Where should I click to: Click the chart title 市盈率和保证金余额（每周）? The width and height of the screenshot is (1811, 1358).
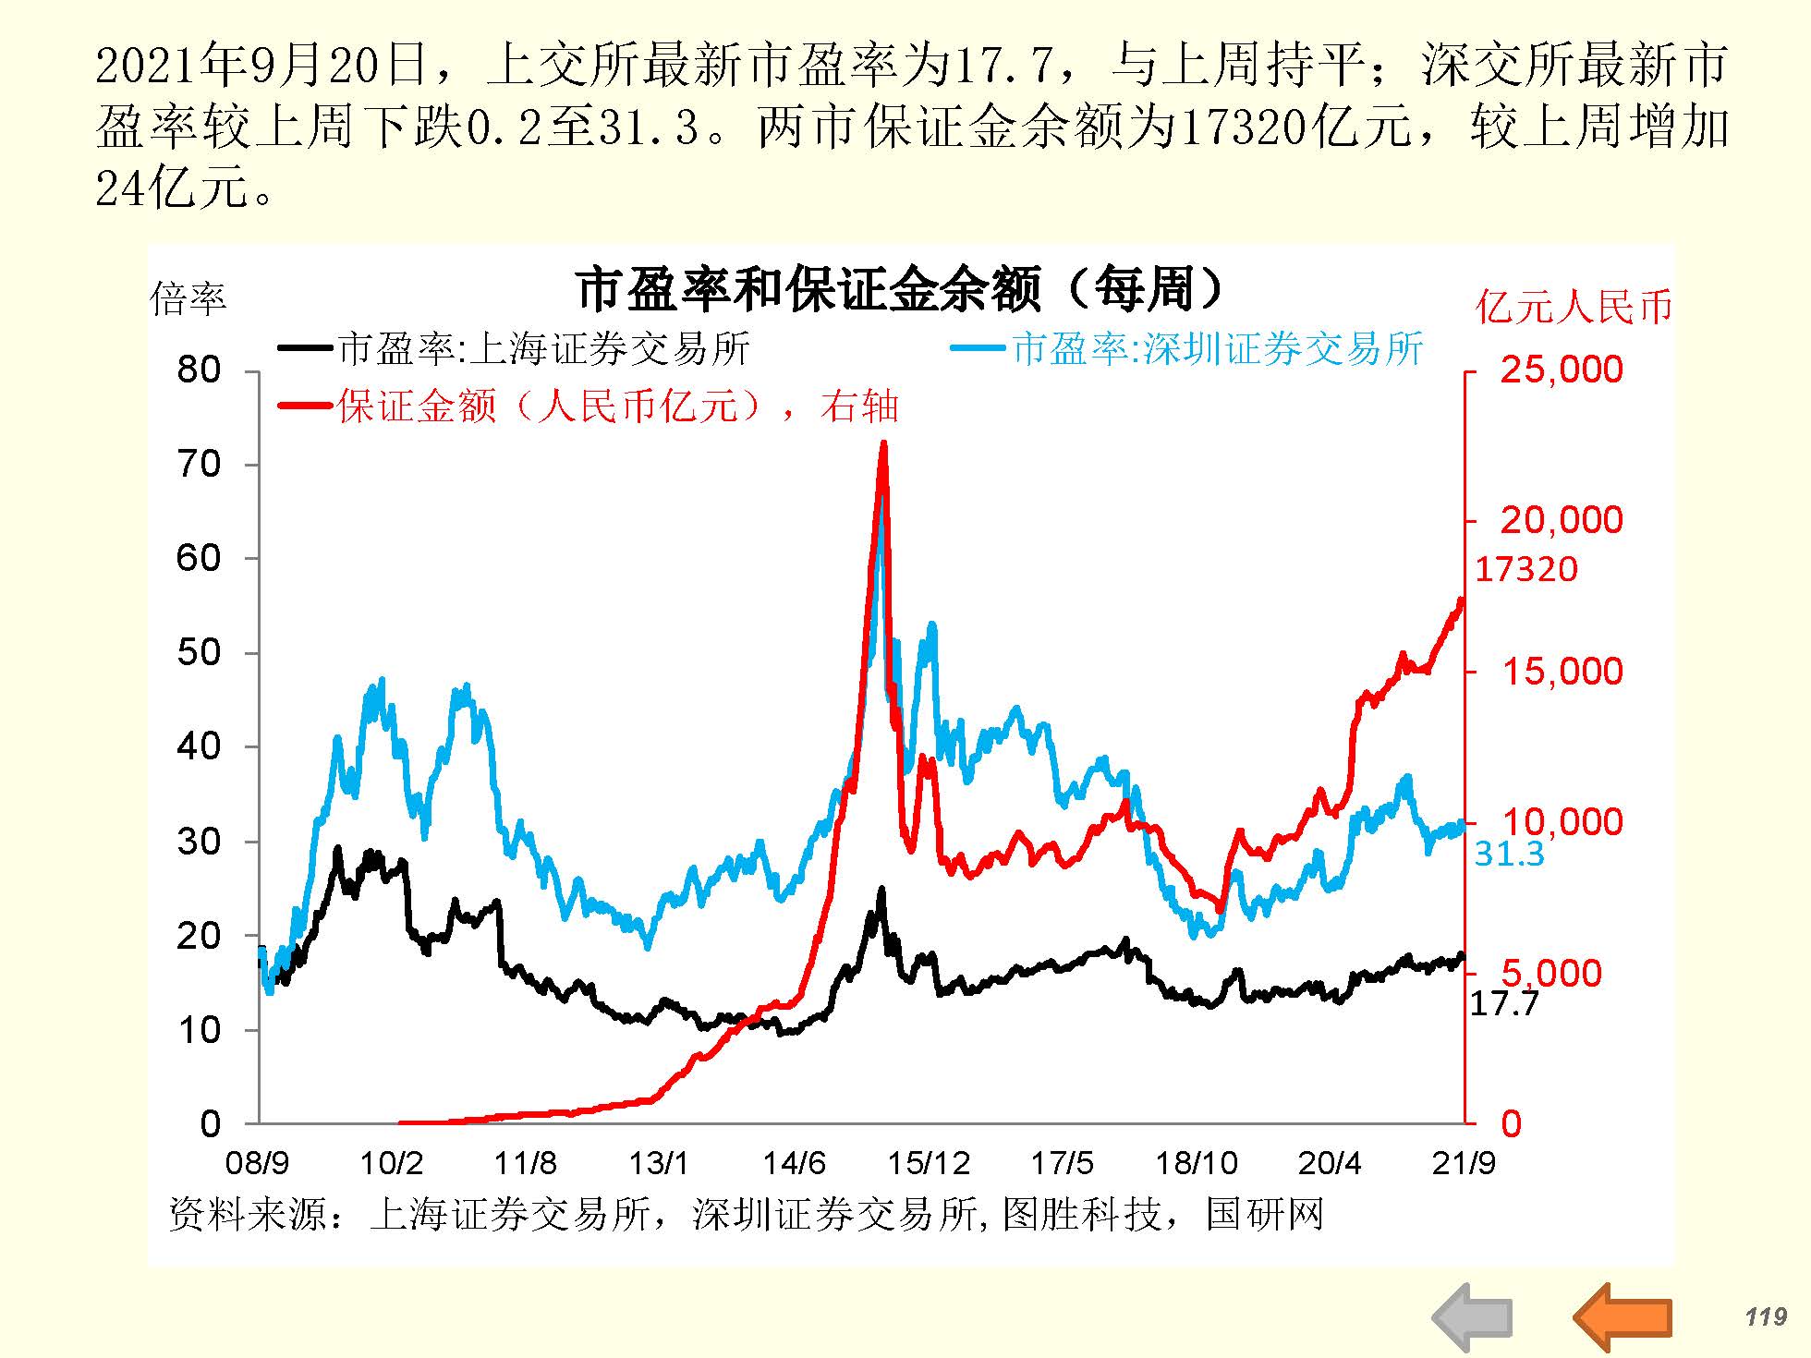coord(900,289)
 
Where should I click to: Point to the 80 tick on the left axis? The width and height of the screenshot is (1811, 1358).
coord(199,370)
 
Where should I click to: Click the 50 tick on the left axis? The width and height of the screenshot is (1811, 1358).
coord(199,653)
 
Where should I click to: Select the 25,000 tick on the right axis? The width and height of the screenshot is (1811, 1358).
coord(1562,370)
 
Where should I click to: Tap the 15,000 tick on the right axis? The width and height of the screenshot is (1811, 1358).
coord(1562,672)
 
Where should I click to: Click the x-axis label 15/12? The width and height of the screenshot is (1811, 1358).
coord(929,1162)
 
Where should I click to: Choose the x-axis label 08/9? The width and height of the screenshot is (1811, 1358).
coord(257,1162)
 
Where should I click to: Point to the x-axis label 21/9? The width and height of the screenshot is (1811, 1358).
coord(1464,1162)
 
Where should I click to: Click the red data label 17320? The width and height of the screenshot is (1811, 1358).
coord(1525,569)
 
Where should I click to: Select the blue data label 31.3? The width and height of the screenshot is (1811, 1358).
coord(1509,855)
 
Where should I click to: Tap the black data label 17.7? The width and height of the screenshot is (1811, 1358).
coord(1504,1003)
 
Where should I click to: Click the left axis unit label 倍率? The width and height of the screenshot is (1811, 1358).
coord(188,298)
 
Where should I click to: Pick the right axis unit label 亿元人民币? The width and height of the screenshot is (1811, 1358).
coord(1574,307)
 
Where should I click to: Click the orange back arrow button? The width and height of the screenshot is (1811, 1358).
coord(1623,1316)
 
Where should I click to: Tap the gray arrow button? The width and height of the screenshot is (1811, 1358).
coord(1473,1316)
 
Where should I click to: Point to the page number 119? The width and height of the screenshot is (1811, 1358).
coord(1766,1316)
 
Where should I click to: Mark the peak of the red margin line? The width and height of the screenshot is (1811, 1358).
coord(883,443)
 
